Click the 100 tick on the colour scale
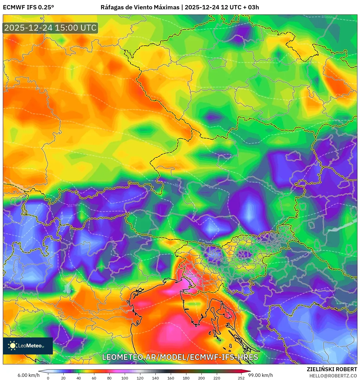point(125,378)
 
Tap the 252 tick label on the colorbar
point(241,378)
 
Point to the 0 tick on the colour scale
point(48,378)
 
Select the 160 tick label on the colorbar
point(171,378)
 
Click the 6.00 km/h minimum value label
point(28,375)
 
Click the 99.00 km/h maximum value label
point(261,375)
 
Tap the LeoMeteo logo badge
point(28,346)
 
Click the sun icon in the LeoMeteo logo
point(13,345)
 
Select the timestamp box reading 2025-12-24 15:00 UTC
point(50,28)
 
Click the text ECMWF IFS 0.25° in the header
point(28,7)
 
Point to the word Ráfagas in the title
point(112,7)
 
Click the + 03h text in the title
point(251,7)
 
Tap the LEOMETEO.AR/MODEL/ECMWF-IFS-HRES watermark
point(180,357)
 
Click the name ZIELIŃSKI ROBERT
point(332,369)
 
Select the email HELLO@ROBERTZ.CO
point(333,376)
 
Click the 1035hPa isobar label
point(328,17)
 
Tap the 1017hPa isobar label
point(74,205)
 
